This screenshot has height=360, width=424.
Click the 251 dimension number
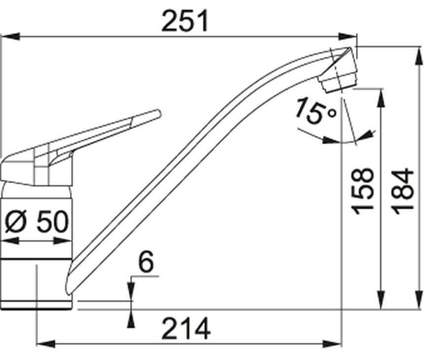point(185,21)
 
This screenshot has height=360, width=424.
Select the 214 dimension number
point(186,328)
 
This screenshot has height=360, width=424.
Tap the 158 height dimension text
point(362,191)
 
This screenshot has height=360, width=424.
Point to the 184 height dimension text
point(403,191)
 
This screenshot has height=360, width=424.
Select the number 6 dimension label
point(146,262)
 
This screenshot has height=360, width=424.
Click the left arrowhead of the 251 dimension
point(10,36)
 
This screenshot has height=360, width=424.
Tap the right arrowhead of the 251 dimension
point(348,36)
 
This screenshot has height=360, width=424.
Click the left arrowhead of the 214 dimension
point(46,344)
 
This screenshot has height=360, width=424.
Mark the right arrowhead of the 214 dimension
point(332,344)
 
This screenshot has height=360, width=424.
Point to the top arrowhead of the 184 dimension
point(418,56)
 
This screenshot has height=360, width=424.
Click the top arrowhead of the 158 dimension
point(381,98)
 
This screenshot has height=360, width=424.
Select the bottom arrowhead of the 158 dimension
point(381,299)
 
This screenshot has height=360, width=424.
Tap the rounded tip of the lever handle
point(158,113)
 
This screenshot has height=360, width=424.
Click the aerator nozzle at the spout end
point(339,81)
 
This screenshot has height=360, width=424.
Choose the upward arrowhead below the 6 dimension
point(131,319)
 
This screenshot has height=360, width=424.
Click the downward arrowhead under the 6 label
point(131,291)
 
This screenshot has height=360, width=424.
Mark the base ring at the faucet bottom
point(37,305)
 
